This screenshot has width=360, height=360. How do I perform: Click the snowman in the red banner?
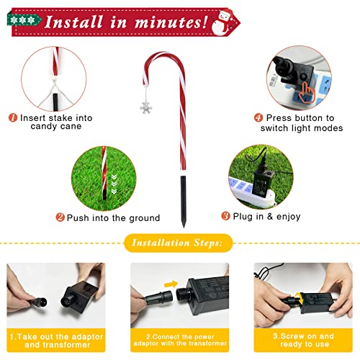point(222,23)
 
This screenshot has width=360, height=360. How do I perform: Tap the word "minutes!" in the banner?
point(171,22)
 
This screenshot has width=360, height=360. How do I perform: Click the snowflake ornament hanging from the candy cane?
point(146,107)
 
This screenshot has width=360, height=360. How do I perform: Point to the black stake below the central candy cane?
point(184,201)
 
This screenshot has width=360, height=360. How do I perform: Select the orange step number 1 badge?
point(13,117)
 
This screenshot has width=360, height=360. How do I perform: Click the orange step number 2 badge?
point(60,217)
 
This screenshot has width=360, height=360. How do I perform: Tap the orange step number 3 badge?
point(225,216)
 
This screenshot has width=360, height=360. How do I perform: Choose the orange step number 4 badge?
point(258,117)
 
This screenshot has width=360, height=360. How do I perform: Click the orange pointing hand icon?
point(307,92)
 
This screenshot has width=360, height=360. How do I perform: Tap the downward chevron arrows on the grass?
point(114,184)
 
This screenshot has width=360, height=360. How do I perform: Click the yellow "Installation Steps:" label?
point(179,243)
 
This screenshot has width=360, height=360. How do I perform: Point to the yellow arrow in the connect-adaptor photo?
point(171,284)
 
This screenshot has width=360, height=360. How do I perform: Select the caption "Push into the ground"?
point(113,218)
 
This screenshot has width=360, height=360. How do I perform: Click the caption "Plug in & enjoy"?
point(266,217)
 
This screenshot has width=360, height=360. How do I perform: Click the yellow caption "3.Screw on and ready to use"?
point(303,340)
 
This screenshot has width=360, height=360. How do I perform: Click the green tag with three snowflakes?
point(24,20)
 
